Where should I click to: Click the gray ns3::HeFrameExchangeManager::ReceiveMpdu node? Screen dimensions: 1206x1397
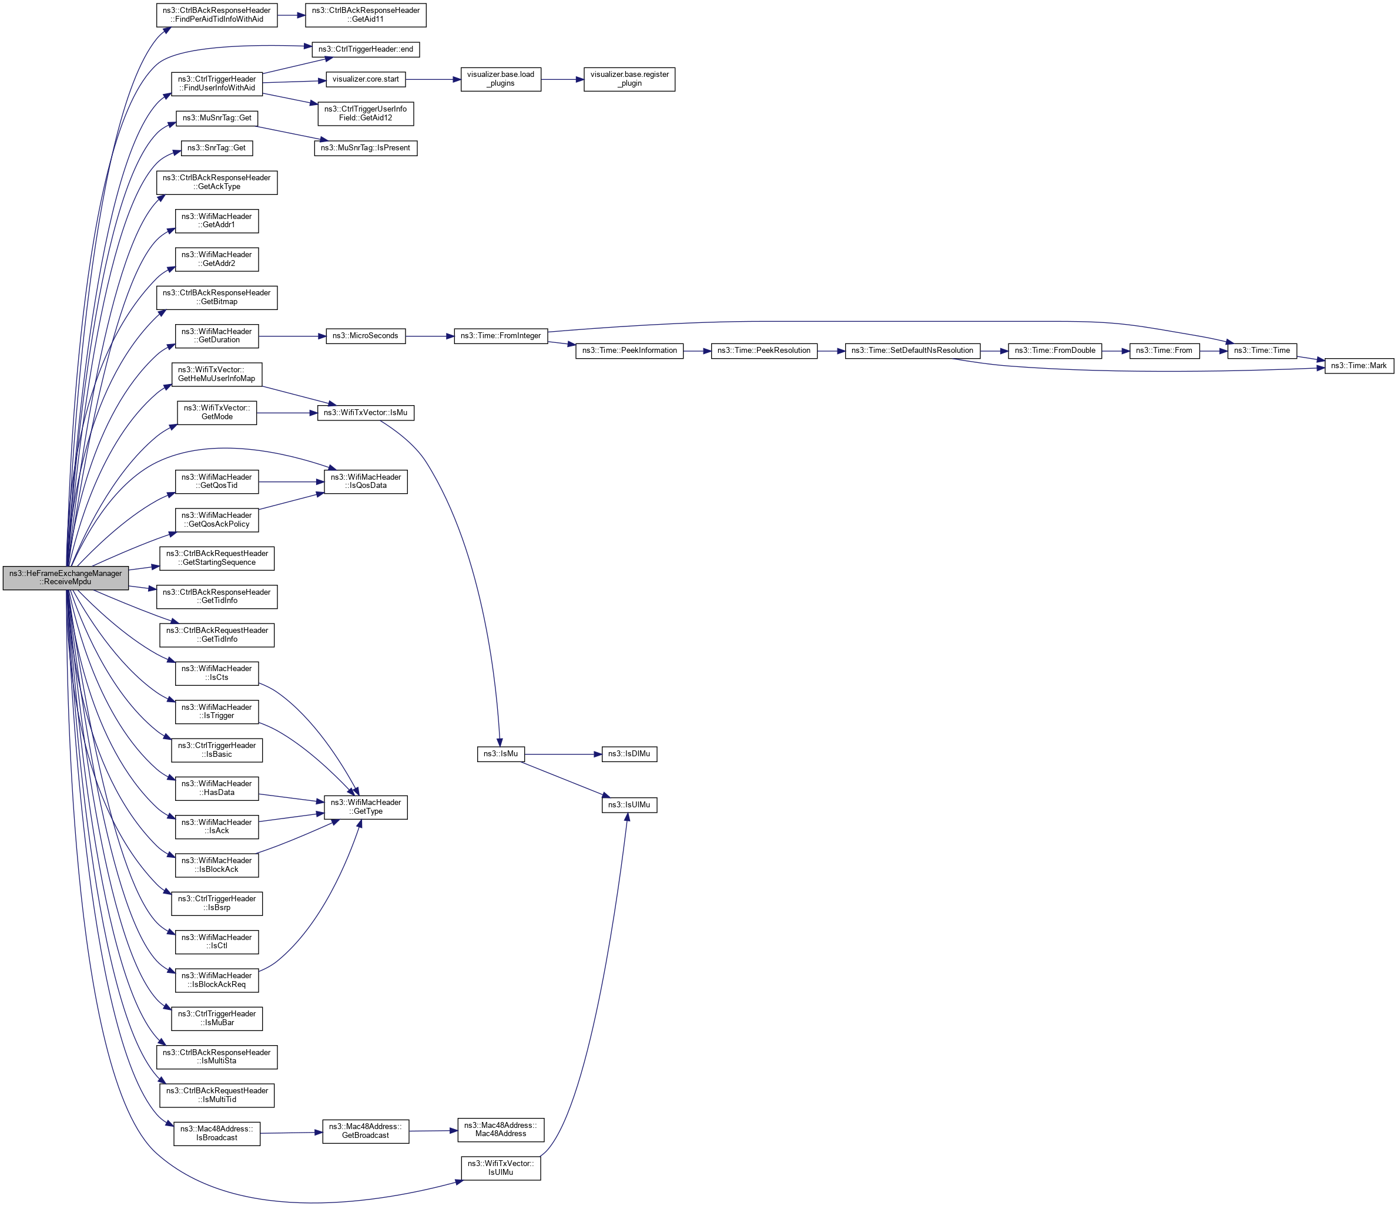(65, 577)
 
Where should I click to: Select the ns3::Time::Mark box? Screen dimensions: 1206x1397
(1359, 366)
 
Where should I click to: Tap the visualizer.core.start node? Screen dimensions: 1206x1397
(366, 79)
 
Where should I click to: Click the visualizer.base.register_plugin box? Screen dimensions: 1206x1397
(629, 79)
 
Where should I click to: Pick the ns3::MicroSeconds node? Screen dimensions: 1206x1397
(366, 335)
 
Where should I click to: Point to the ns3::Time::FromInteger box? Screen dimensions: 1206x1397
(500, 335)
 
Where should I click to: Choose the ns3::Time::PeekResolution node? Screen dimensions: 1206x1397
(764, 351)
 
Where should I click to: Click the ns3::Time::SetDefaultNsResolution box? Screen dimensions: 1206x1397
(912, 351)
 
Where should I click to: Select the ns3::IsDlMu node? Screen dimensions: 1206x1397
(628, 754)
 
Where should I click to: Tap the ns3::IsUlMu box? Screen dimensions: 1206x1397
(628, 805)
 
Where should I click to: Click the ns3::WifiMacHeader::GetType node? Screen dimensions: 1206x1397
(366, 807)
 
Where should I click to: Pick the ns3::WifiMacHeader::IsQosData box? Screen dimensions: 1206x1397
(366, 481)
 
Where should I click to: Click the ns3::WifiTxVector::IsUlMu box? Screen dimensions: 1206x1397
(500, 1168)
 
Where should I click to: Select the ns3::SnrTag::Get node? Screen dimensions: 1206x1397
(216, 147)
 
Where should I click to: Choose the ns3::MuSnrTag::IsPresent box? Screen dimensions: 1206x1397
(366, 147)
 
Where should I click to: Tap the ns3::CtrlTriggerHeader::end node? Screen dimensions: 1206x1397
(366, 49)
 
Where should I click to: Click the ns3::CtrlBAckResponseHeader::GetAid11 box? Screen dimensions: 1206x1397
(366, 15)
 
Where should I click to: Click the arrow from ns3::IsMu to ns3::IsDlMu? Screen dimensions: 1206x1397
(562, 754)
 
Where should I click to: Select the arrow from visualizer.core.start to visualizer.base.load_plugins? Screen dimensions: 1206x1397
(433, 79)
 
